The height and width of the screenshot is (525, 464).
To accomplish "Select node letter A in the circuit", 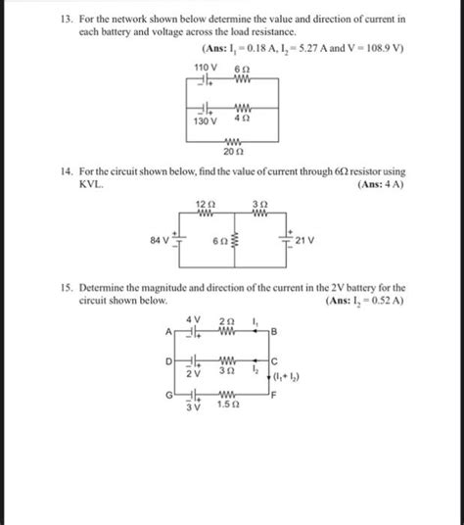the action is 169,333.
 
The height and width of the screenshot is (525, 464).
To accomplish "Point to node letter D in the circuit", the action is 168,361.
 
